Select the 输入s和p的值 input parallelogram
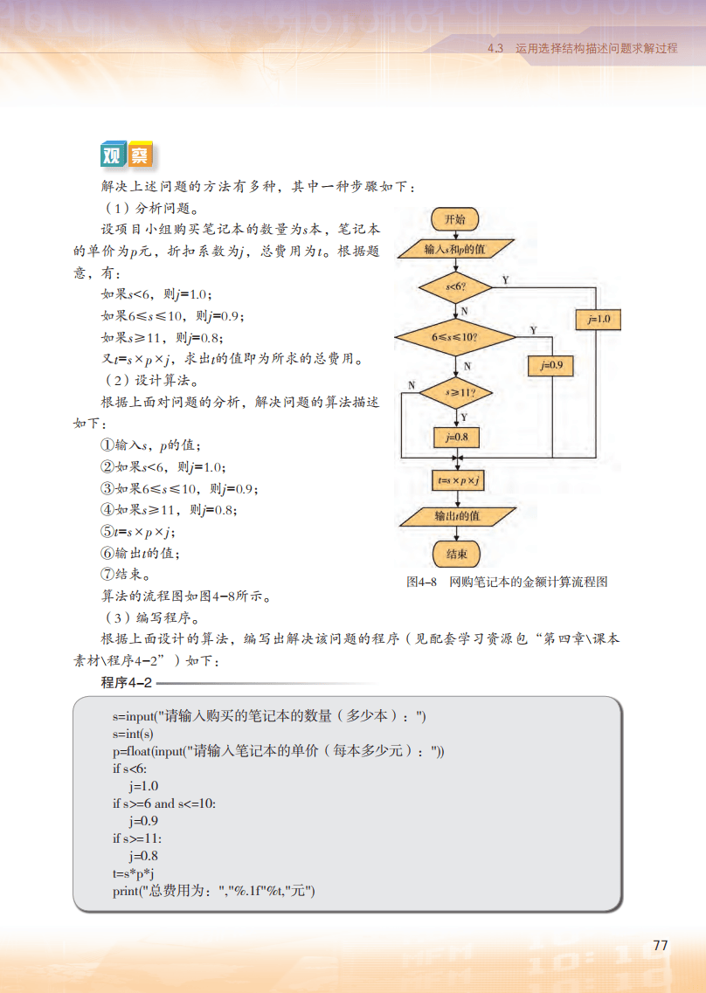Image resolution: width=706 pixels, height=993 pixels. pos(454,250)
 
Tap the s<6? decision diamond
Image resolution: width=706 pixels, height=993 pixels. pos(454,286)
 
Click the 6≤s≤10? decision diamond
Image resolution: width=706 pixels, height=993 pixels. pos(456,335)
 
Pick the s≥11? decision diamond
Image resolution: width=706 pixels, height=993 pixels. pos(455,394)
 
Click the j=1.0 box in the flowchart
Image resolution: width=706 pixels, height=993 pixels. pos(599,321)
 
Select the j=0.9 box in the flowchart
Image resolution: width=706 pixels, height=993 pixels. pos(550,365)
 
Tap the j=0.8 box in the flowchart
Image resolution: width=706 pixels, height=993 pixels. pos(456,436)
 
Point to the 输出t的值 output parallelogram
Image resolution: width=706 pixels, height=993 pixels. pos(457,516)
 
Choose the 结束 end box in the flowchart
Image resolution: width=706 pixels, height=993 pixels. pos(456,554)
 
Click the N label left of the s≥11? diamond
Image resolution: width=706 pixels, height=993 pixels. pos(412,385)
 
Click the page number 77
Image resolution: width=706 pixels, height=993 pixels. pos(661,946)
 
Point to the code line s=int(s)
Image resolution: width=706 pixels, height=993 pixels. pos(133,734)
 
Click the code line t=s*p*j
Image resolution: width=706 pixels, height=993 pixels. pos(134,873)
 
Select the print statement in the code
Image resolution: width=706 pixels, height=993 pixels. pos(213,891)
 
